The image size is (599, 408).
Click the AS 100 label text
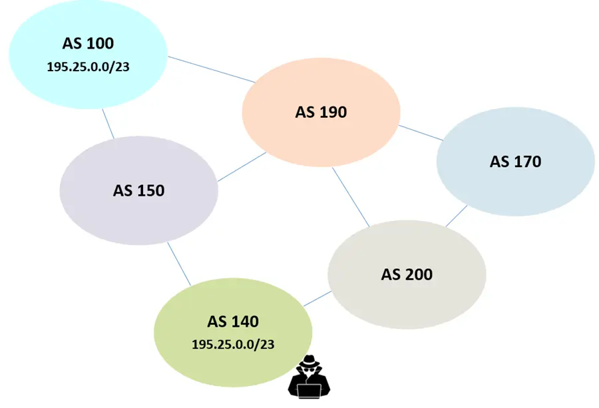(88, 44)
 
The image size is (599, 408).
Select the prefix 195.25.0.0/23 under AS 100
(88, 67)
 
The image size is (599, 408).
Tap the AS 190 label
(321, 112)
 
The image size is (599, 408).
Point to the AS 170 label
(515, 161)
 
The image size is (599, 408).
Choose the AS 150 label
(138, 190)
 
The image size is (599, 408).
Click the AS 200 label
(407, 274)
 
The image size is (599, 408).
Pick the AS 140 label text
(233, 321)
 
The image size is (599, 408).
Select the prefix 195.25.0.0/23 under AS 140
(233, 345)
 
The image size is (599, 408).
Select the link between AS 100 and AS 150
(108, 124)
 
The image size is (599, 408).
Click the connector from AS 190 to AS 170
(421, 132)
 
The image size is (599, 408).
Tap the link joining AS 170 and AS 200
(456, 216)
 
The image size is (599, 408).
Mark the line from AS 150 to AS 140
(180, 264)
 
